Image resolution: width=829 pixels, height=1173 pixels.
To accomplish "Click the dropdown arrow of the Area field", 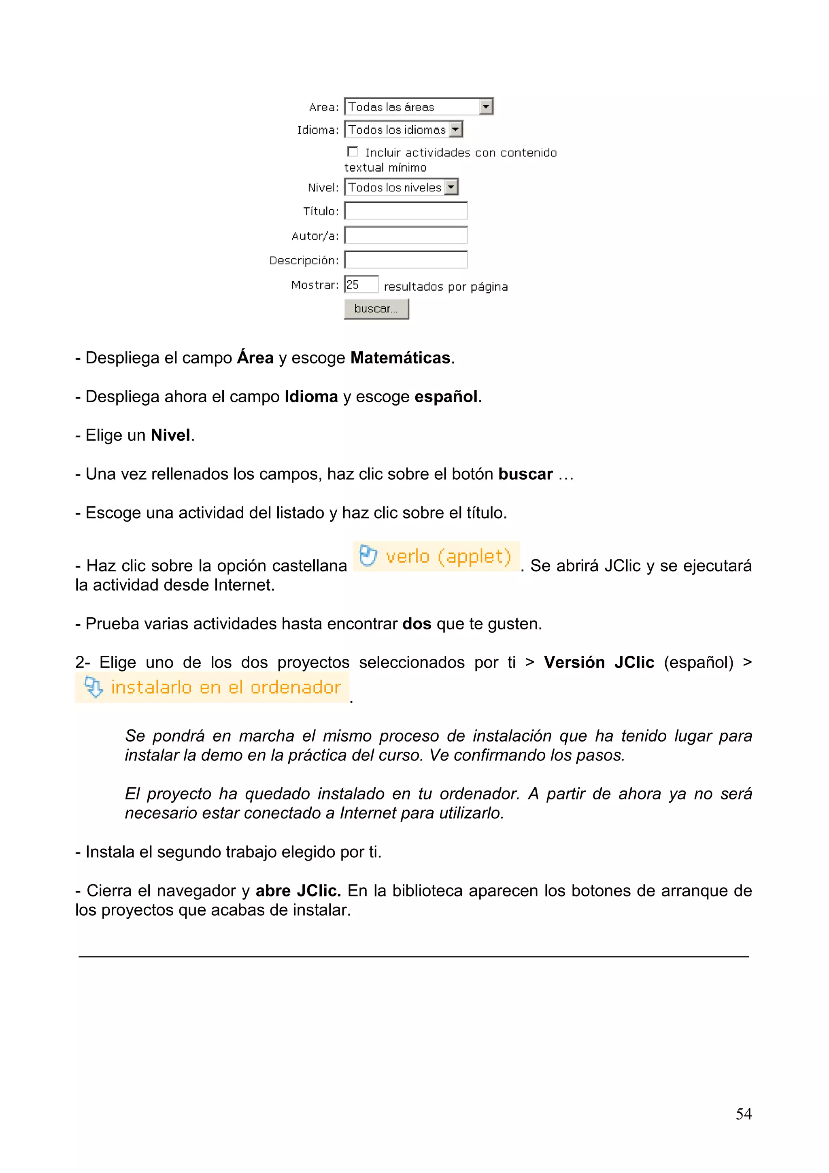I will (486, 107).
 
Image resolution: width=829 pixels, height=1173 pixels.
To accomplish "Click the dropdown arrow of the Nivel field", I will (451, 187).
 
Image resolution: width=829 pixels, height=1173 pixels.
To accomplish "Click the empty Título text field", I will (406, 211).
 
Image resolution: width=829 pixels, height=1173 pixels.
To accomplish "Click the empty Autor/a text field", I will (406, 236).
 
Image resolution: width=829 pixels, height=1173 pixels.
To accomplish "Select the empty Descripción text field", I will (406, 260).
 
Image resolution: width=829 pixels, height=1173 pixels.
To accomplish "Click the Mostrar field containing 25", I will (361, 285).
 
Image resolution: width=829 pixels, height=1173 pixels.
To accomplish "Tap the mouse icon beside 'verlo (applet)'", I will (368, 556).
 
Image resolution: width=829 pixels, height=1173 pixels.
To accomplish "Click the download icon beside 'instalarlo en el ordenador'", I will (94, 687).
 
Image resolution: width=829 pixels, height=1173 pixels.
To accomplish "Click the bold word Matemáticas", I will (400, 358).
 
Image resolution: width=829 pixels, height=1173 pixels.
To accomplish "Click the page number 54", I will (743, 1114).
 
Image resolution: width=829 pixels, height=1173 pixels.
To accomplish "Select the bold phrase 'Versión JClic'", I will (599, 663).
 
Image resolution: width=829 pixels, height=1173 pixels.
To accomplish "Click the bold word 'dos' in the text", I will (417, 624).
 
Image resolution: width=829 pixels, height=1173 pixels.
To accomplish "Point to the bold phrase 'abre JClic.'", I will (298, 890).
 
